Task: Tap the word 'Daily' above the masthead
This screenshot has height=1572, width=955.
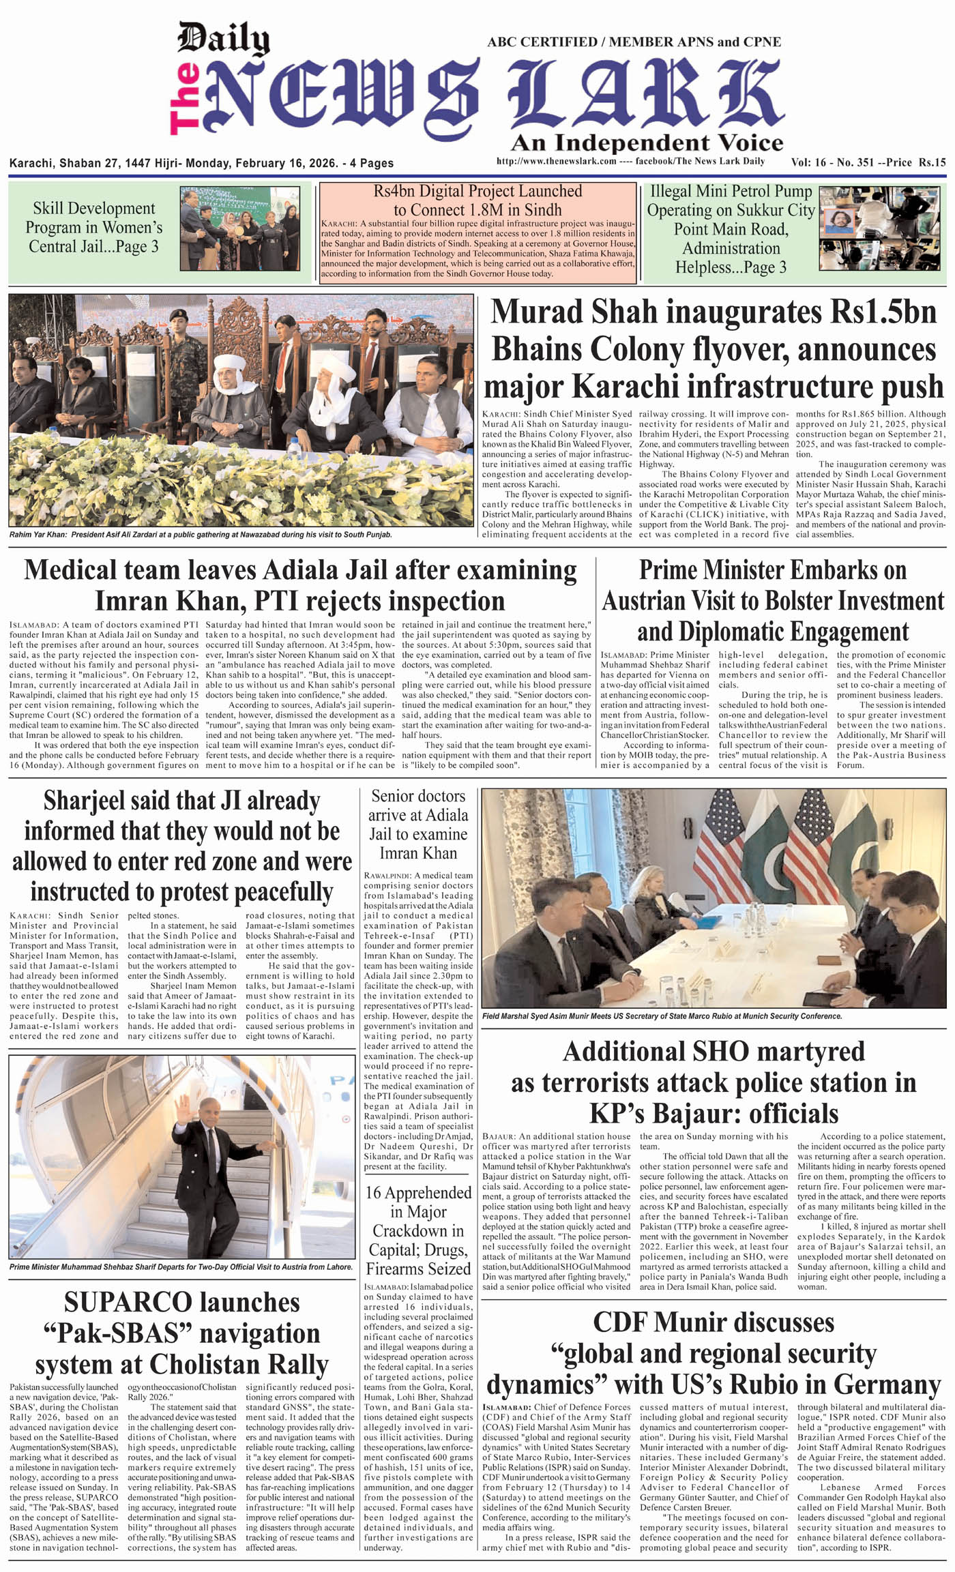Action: [223, 39]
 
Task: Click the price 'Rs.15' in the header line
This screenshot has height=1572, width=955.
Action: [932, 162]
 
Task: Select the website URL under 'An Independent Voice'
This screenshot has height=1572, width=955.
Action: [557, 162]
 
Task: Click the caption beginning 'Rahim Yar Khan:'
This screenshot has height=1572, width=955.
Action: [201, 535]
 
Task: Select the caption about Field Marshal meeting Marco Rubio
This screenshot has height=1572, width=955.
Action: [662, 1016]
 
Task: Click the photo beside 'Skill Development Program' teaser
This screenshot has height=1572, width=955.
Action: [239, 228]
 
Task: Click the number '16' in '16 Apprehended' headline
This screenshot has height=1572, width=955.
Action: [373, 1193]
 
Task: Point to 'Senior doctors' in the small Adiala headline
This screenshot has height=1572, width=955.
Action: [418, 796]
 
